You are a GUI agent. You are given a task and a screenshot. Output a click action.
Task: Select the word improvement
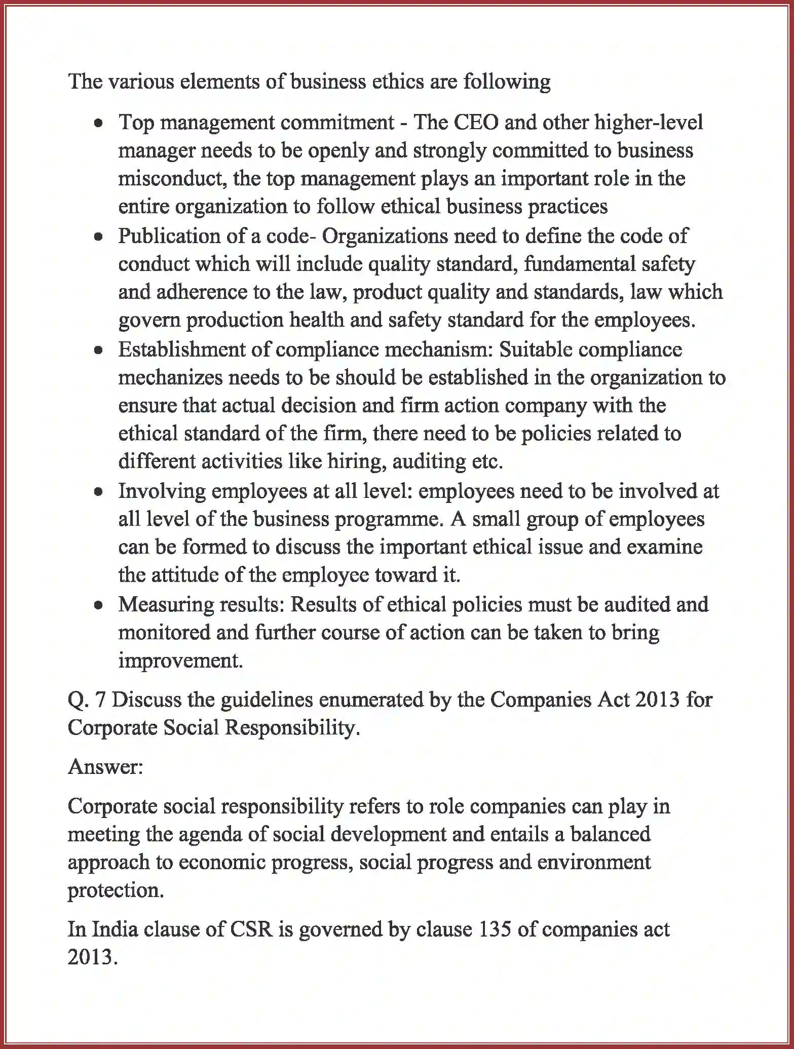click(x=180, y=661)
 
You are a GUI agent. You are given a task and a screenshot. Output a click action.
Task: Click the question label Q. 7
click(x=86, y=700)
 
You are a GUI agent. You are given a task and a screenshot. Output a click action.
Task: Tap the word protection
click(x=116, y=890)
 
